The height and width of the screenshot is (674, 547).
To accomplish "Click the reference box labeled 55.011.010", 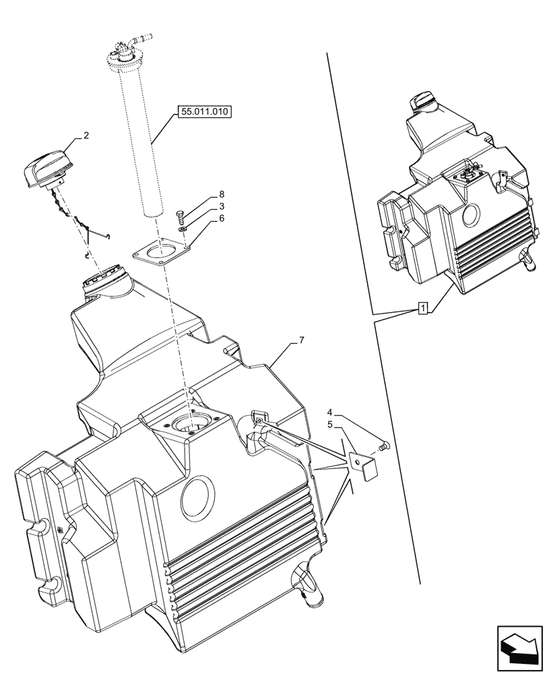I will [x=205, y=113].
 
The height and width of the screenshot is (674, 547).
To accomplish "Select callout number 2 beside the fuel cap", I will [x=86, y=136].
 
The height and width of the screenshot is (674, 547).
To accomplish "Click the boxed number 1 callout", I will [x=422, y=309].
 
